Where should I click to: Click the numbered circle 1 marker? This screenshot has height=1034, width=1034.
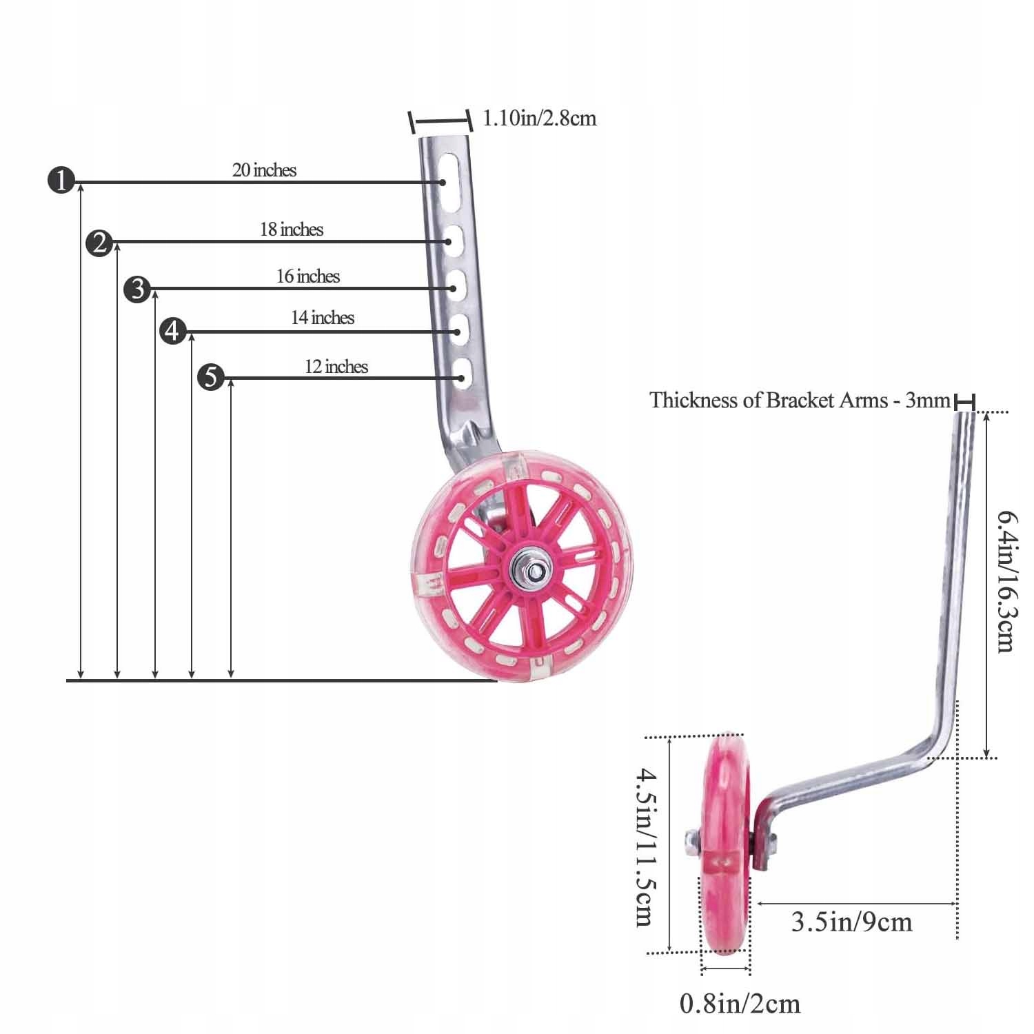(61, 181)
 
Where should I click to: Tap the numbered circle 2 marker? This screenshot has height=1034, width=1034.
(99, 243)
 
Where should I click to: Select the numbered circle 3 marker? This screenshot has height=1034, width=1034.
(137, 289)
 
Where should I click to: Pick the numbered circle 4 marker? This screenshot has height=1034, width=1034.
(172, 332)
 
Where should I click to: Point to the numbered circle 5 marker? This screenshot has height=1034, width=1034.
(211, 377)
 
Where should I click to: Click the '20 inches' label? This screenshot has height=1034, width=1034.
(264, 170)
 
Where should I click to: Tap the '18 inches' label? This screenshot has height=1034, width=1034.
(292, 230)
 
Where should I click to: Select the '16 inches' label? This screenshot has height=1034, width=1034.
(308, 276)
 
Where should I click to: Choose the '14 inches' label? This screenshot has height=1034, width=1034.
(323, 318)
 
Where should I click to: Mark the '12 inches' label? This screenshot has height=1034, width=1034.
(336, 367)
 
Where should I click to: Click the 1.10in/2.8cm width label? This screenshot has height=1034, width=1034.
(539, 119)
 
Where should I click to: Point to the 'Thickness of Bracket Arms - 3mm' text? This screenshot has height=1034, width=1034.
(800, 401)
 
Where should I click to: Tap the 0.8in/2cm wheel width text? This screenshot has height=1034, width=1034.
(740, 1004)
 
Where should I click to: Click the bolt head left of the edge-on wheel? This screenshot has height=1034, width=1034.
(693, 841)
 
